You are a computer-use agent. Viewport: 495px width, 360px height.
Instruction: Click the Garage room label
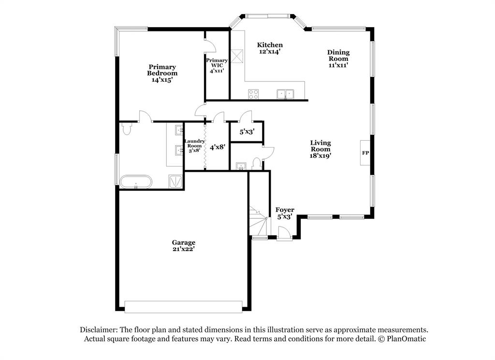[184, 246]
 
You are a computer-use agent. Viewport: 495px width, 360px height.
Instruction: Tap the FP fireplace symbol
[365, 153]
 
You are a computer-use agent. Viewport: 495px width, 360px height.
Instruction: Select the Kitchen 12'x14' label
[270, 48]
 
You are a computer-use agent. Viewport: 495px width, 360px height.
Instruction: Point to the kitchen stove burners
[254, 94]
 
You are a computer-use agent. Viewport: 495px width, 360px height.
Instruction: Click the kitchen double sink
[286, 93]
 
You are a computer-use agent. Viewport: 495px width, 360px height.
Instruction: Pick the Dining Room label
[338, 59]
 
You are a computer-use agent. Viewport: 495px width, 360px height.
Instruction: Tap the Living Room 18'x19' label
[320, 149]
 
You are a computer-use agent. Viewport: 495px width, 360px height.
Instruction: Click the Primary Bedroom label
[162, 74]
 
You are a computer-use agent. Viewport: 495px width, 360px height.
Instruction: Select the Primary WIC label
[217, 65]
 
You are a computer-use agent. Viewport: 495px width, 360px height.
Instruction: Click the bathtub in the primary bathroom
[136, 182]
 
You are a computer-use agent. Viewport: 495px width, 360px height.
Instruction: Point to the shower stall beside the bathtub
[175, 181]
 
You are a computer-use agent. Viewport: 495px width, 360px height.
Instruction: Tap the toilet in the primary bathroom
[127, 129]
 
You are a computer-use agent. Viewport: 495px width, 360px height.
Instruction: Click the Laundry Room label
[194, 145]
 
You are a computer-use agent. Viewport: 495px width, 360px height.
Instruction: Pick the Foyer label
[285, 213]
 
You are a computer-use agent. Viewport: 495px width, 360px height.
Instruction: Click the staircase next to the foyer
[259, 221]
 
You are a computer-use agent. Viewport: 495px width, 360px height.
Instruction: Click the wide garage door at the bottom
[183, 307]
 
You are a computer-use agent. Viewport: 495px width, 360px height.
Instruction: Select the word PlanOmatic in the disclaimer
[407, 339]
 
